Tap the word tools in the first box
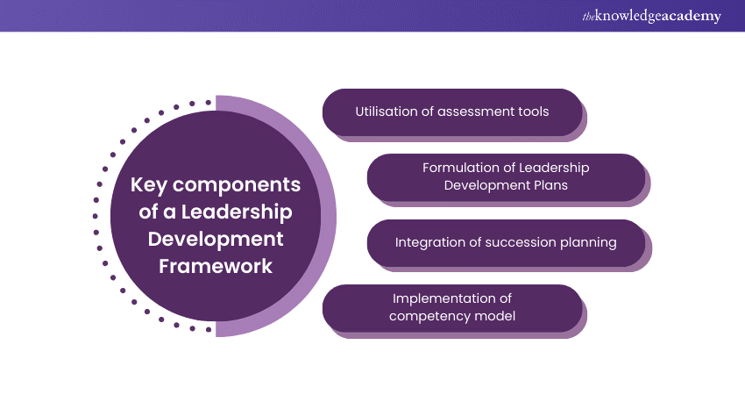tap(531, 111)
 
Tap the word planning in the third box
tap(587, 241)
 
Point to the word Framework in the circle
tap(215, 265)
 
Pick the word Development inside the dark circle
tap(215, 239)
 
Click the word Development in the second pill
tap(489, 184)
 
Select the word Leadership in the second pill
tap(556, 168)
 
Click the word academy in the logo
tap(692, 16)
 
